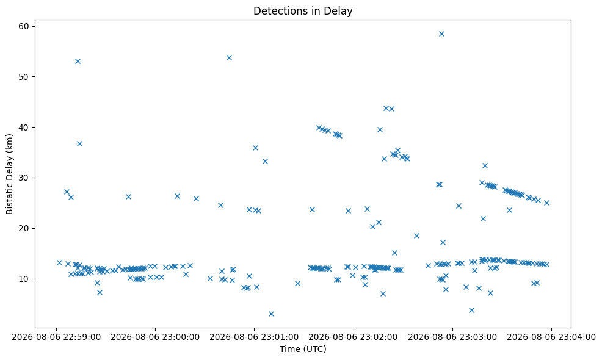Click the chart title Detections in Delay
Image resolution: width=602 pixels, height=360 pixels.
coord(303,11)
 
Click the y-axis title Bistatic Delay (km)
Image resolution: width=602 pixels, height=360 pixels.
coord(9,174)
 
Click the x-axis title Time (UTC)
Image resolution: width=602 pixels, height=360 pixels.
coord(303,349)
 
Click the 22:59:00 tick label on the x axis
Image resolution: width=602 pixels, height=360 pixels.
coord(56,337)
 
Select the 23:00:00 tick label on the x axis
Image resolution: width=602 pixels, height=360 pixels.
coord(155,337)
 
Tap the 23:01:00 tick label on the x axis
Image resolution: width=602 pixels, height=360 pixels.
coord(254,337)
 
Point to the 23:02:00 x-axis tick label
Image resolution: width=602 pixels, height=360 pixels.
coord(354,337)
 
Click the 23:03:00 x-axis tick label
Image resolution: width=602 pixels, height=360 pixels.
coord(452,337)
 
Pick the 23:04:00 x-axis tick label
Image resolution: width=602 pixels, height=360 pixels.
coord(551,337)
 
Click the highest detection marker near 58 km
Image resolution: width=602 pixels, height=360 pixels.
coord(441,34)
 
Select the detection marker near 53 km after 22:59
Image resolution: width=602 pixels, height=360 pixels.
coord(78,62)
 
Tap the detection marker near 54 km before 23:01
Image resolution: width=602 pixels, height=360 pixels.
coord(229,57)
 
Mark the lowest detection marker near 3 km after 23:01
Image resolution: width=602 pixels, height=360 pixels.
coord(272,314)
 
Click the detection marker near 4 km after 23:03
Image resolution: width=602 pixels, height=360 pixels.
coord(471,310)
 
